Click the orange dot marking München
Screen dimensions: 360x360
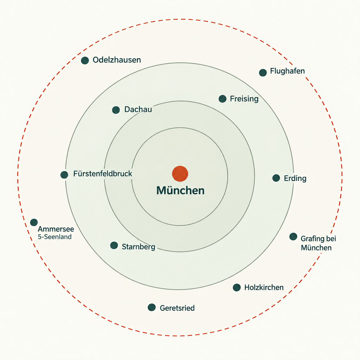[x=180, y=174]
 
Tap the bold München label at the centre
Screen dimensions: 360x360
[x=180, y=190]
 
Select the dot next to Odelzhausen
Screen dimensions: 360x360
[x=85, y=60]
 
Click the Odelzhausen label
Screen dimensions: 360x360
[x=117, y=60]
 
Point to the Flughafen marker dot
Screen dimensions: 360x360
[x=263, y=72]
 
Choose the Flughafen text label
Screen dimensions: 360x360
[x=287, y=71]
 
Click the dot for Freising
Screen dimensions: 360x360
[x=222, y=99]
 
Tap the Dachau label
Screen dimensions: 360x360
[x=138, y=109]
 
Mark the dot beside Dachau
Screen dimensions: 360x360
[x=116, y=110]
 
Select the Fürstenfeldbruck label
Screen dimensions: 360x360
[x=102, y=174]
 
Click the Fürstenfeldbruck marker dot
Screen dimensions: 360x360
[x=64, y=175]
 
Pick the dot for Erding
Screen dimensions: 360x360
[x=276, y=178]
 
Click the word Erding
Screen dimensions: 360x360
[x=295, y=178]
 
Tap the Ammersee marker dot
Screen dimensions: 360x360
[x=34, y=222]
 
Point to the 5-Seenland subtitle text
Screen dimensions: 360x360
[x=55, y=237]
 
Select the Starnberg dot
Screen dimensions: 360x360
[x=114, y=245]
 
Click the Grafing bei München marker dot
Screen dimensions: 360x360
[x=293, y=237]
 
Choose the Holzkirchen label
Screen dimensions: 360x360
[x=264, y=288]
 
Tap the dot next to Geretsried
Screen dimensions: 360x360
[x=152, y=307]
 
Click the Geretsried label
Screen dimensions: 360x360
[x=177, y=308]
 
